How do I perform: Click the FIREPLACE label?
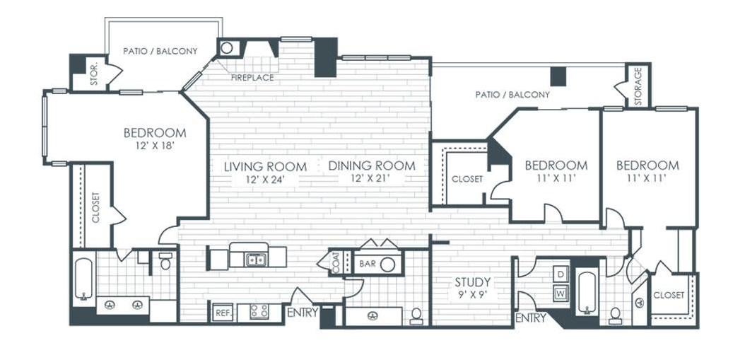252,78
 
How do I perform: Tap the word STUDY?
473,282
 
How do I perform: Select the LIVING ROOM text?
266,166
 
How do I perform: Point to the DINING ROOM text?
372,166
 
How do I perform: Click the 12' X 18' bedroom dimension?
155,146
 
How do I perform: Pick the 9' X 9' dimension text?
474,295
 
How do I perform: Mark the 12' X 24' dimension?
265,178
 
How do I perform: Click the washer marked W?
561,294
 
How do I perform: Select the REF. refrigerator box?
223,313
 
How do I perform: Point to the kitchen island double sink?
255,259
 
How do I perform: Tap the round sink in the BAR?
387,265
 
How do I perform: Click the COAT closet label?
336,264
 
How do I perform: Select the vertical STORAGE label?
638,84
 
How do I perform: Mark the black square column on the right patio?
558,76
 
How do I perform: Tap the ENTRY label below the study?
531,318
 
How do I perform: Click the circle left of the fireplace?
227,47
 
